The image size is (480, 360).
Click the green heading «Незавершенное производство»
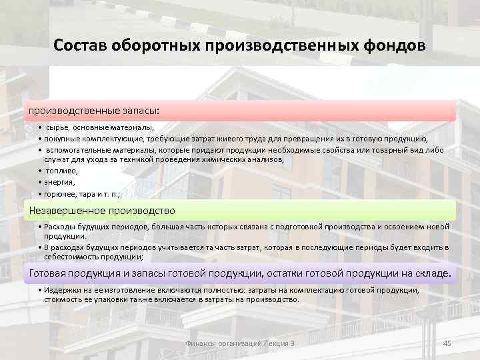tap(101, 211)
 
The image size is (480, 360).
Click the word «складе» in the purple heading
tap(433, 273)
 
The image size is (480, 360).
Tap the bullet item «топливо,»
tap(62, 171)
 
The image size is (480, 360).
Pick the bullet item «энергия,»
tap(60, 182)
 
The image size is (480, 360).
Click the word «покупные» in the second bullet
tap(61, 139)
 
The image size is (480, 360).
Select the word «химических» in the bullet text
tap(215, 160)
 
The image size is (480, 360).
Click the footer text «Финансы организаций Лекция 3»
tap(239, 343)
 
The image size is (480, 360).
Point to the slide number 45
tap(447, 343)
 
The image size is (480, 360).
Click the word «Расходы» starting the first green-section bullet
tap(60, 227)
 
